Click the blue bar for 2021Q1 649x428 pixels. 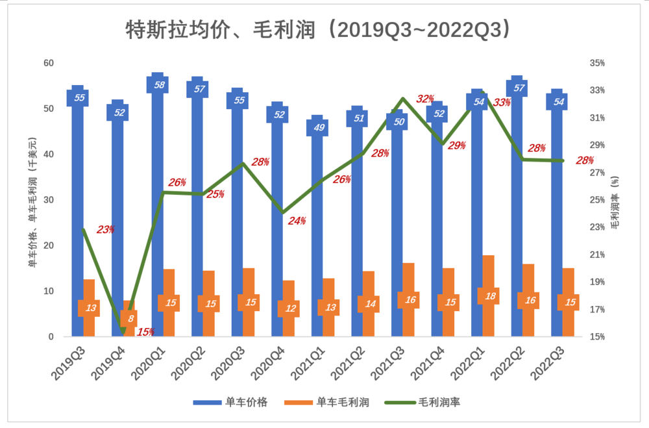[x=317, y=227]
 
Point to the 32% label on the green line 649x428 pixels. [x=425, y=99]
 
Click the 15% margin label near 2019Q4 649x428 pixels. [x=145, y=332]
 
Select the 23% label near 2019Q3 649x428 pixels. [x=105, y=229]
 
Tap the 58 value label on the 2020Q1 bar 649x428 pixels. [x=157, y=84]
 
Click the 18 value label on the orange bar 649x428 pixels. [x=488, y=296]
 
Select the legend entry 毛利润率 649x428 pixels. [x=422, y=403]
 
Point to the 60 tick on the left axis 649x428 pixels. [x=49, y=63]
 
